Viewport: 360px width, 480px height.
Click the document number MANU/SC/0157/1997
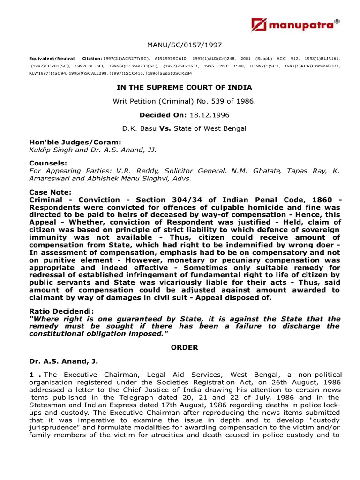tap(184, 45)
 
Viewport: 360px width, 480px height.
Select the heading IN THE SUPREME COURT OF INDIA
tap(184, 87)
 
